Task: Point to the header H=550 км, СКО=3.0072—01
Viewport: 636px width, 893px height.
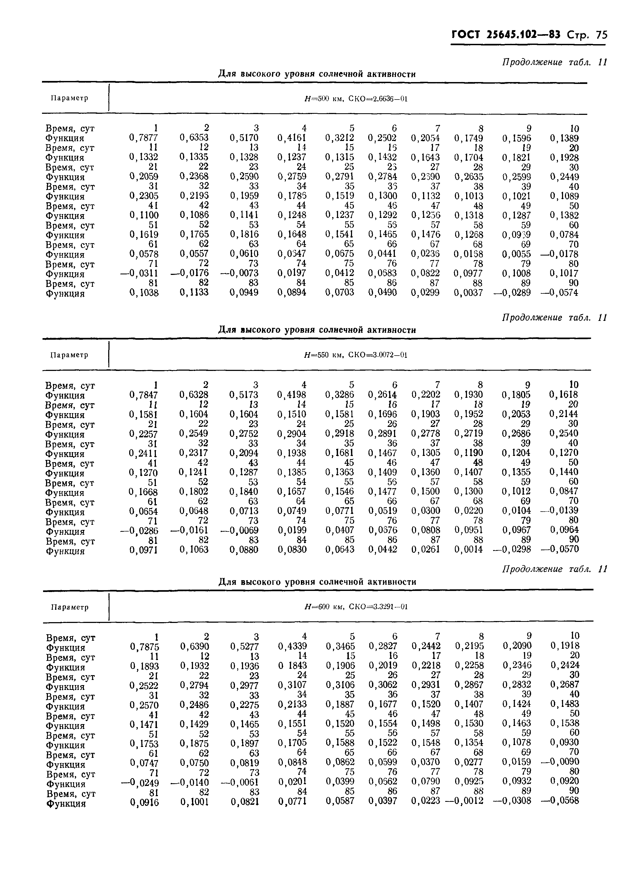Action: (356, 355)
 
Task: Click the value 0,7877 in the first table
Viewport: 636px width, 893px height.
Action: (144, 138)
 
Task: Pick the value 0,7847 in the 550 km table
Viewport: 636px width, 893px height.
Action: (144, 395)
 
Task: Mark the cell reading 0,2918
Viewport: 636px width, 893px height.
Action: (340, 434)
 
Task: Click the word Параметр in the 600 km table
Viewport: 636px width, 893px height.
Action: (70, 607)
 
